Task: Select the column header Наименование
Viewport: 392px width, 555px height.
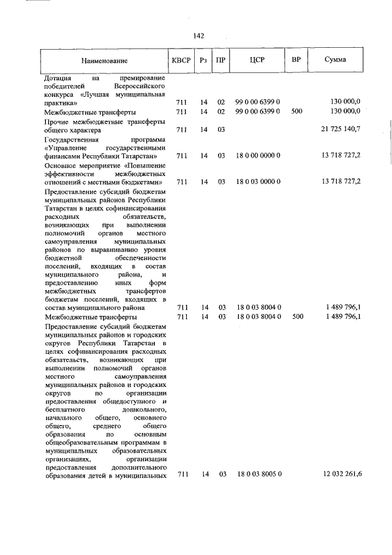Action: pyautogui.click(x=106, y=61)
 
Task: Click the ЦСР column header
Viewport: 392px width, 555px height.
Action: pyautogui.click(x=257, y=60)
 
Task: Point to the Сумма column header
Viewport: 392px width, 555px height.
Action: pyautogui.click(x=335, y=60)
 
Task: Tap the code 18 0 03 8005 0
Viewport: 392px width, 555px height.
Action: pyautogui.click(x=258, y=475)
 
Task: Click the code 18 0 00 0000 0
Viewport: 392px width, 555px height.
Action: pyautogui.click(x=258, y=156)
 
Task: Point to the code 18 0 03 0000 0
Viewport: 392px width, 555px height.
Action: pyautogui.click(x=258, y=182)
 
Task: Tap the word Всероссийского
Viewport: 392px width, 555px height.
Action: pyautogui.click(x=141, y=87)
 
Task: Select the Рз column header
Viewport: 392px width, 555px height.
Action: pyautogui.click(x=205, y=60)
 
